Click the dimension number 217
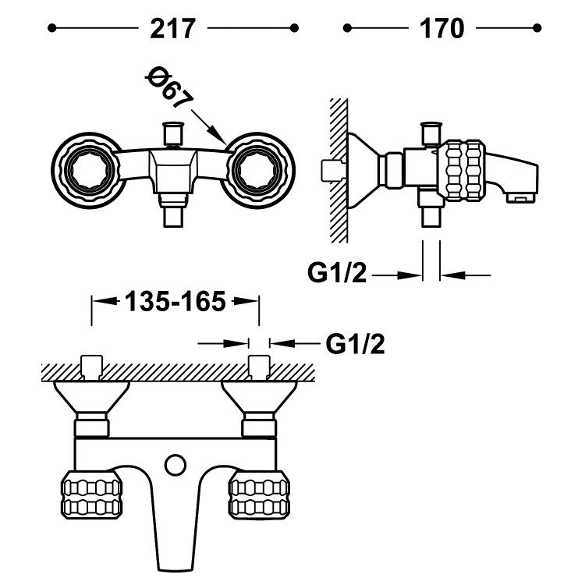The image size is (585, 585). click(172, 29)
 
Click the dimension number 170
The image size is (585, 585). click(442, 29)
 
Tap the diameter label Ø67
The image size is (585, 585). click(169, 87)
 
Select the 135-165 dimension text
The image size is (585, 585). click(175, 301)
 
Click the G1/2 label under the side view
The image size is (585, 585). click(337, 274)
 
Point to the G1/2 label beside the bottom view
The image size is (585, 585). click(355, 343)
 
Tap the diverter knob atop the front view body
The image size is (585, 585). click(172, 133)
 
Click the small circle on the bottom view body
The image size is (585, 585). click(176, 466)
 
